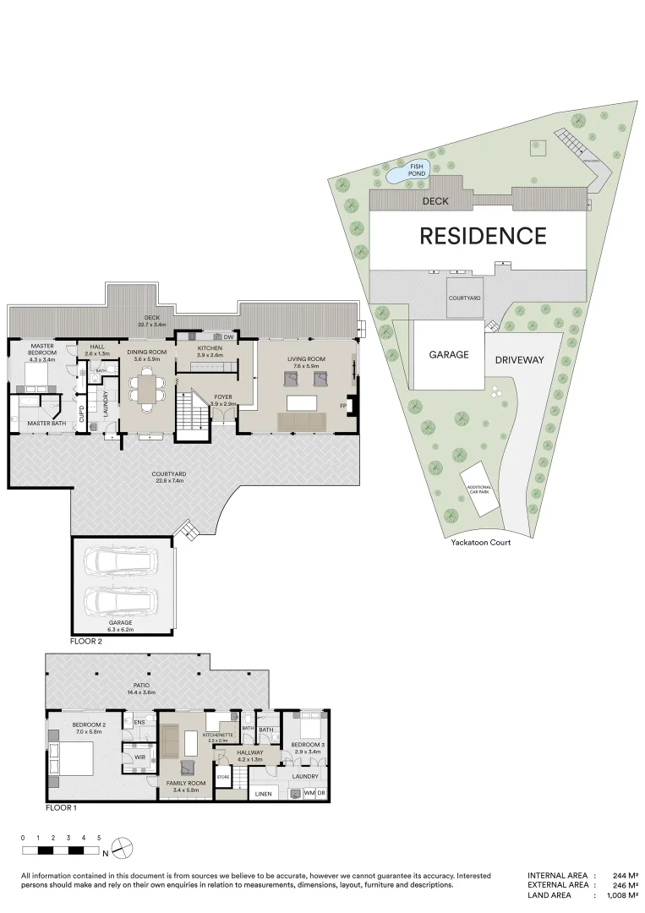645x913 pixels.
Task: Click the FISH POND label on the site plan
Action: pyautogui.click(x=417, y=170)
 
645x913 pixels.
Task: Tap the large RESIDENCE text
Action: pyautogui.click(x=483, y=236)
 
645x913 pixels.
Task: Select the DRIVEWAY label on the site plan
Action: pyautogui.click(x=520, y=359)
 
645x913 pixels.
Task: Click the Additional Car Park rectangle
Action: pyautogui.click(x=478, y=489)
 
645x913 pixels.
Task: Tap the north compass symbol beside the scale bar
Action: pyautogui.click(x=123, y=846)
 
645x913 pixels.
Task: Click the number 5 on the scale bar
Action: pyautogui.click(x=99, y=837)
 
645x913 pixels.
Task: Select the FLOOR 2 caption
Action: pyautogui.click(x=88, y=641)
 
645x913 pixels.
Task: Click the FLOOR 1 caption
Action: pyautogui.click(x=62, y=807)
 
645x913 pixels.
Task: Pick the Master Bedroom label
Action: pyautogui.click(x=42, y=349)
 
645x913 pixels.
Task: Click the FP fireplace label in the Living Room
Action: pyautogui.click(x=343, y=407)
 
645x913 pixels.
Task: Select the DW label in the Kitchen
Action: pyautogui.click(x=228, y=337)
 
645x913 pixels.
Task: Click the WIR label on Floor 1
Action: pyautogui.click(x=139, y=757)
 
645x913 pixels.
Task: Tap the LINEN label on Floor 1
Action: pyautogui.click(x=264, y=795)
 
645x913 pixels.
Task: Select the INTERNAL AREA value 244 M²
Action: pyautogui.click(x=624, y=876)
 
